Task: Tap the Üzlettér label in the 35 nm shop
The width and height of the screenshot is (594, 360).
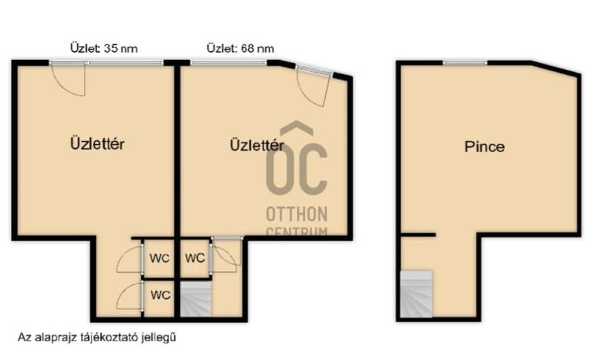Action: point(97,144)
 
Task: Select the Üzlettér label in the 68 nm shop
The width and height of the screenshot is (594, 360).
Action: point(257,145)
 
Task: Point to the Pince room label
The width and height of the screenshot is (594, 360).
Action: point(485,147)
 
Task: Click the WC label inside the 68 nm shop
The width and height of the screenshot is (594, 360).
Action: point(195,258)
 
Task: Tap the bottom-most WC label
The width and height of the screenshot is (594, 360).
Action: point(160,295)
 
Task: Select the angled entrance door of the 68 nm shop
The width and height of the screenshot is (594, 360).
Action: point(314,87)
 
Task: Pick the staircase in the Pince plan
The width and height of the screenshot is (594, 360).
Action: point(417,294)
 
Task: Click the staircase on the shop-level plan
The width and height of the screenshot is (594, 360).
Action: point(195,298)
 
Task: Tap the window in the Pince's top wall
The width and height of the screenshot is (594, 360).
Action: point(466,62)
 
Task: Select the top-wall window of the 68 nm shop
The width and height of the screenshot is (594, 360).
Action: point(229,63)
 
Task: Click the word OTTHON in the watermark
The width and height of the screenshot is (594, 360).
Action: point(296,215)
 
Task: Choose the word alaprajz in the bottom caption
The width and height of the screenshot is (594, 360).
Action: point(56,338)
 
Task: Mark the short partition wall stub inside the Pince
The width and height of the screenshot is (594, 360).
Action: point(418,235)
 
